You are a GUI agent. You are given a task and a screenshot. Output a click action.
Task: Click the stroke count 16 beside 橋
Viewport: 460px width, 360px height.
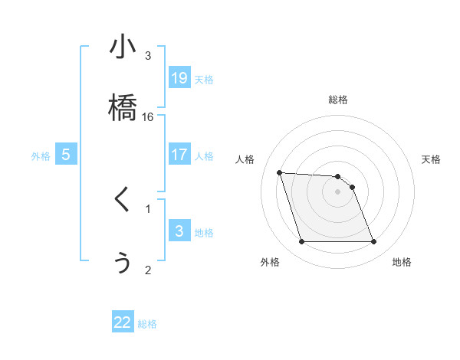click(x=148, y=117)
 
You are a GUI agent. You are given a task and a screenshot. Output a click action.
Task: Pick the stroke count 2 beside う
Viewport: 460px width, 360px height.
click(x=148, y=270)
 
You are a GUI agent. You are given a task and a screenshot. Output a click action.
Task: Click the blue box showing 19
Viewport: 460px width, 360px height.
click(x=179, y=78)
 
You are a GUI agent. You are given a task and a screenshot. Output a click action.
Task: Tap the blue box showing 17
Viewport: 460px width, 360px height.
click(x=179, y=155)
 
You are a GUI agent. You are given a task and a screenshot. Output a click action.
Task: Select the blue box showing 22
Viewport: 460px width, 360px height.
click(x=123, y=323)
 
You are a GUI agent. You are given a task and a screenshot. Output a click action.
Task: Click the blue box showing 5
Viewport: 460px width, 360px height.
click(x=66, y=155)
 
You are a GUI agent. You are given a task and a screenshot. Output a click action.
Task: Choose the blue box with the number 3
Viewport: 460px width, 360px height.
click(x=179, y=231)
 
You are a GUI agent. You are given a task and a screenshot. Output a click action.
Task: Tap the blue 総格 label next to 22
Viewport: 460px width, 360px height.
click(x=147, y=325)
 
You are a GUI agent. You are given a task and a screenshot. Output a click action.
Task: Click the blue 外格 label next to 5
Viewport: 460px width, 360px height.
click(x=41, y=156)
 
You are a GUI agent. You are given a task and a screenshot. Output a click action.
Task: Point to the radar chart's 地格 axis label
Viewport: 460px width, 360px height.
click(x=402, y=263)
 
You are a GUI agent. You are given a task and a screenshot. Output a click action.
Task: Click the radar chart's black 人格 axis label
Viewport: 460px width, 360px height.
click(x=247, y=159)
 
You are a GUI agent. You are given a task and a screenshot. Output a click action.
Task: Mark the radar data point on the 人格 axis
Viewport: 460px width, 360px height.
click(x=279, y=173)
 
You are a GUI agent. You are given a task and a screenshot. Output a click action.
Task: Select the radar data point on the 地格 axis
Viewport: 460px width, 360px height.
click(x=373, y=242)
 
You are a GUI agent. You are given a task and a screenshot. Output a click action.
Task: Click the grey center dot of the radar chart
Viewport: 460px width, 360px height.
click(x=337, y=191)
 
